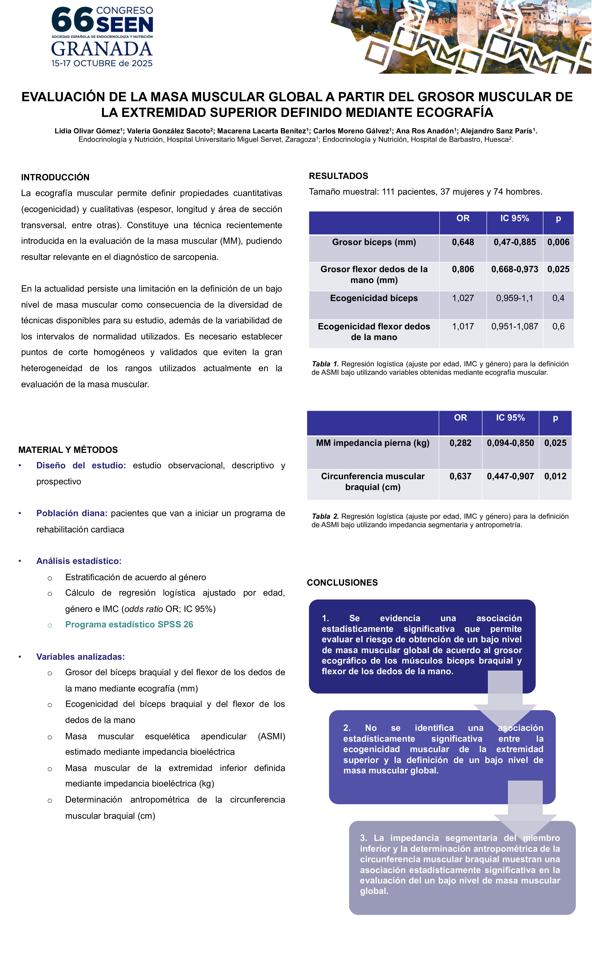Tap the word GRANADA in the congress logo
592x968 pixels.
tap(102, 49)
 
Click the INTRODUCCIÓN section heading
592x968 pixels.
tap(55, 177)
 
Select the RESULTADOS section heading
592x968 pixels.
tap(338, 176)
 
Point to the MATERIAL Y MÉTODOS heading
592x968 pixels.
tap(68, 450)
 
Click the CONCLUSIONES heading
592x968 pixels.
tap(342, 583)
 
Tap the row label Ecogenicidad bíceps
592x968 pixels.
tap(374, 298)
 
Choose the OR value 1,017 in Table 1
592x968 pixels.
tap(463, 327)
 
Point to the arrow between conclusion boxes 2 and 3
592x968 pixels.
tap(525, 808)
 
